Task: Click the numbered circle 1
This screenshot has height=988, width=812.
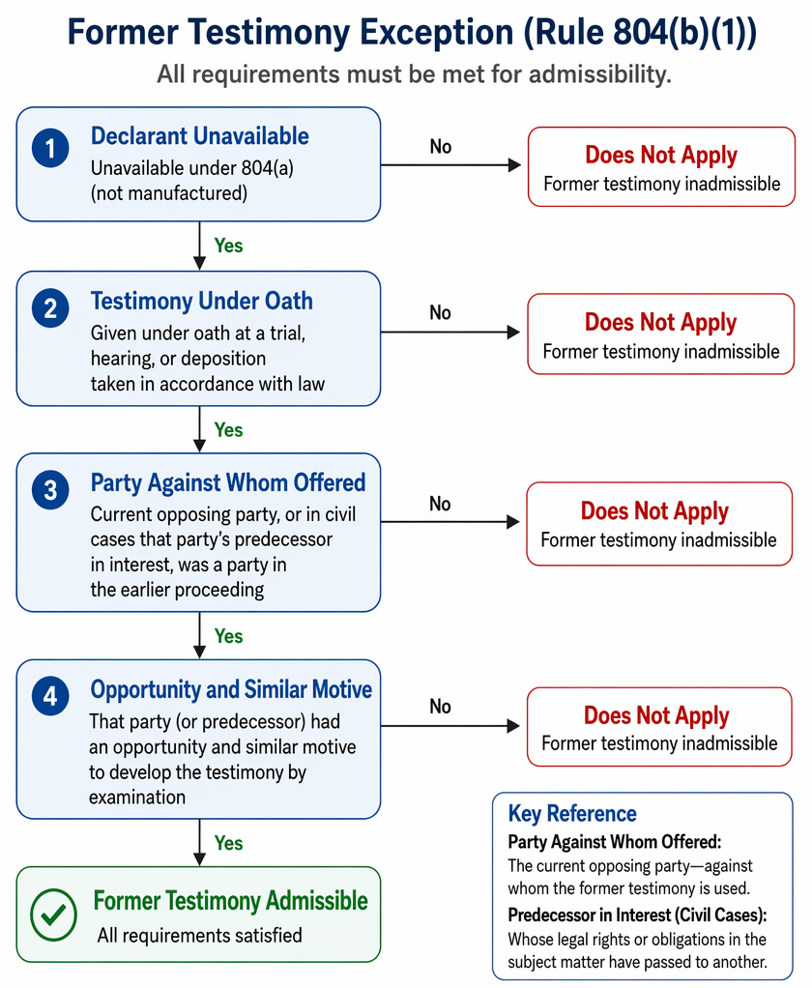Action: pyautogui.click(x=50, y=148)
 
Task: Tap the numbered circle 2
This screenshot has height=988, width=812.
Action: pyautogui.click(x=50, y=308)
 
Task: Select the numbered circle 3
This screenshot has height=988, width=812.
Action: pyautogui.click(x=50, y=489)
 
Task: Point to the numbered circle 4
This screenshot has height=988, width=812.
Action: pyautogui.click(x=50, y=696)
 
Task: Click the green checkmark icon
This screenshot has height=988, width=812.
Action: pyautogui.click(x=53, y=915)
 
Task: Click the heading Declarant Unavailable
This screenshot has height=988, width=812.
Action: pyautogui.click(x=200, y=136)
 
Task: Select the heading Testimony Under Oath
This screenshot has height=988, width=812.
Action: pyautogui.click(x=202, y=302)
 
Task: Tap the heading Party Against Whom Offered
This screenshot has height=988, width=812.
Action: pyautogui.click(x=228, y=482)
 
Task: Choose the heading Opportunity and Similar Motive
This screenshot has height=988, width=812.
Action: pyautogui.click(x=231, y=689)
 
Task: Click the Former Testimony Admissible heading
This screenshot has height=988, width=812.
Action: pyautogui.click(x=231, y=900)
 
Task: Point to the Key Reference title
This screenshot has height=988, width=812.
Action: pyautogui.click(x=572, y=813)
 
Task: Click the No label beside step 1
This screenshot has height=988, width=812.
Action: pyautogui.click(x=441, y=147)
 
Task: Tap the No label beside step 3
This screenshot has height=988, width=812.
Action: pyautogui.click(x=441, y=504)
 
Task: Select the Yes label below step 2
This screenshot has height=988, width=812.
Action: pyautogui.click(x=228, y=430)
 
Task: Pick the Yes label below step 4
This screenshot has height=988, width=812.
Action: pyautogui.click(x=228, y=842)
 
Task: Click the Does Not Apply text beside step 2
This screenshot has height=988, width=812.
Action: pyautogui.click(x=661, y=323)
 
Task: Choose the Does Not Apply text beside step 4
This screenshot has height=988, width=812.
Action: pyautogui.click(x=656, y=715)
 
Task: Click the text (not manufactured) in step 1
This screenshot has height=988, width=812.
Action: pyautogui.click(x=169, y=192)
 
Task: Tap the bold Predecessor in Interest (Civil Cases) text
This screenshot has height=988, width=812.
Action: pyautogui.click(x=636, y=915)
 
